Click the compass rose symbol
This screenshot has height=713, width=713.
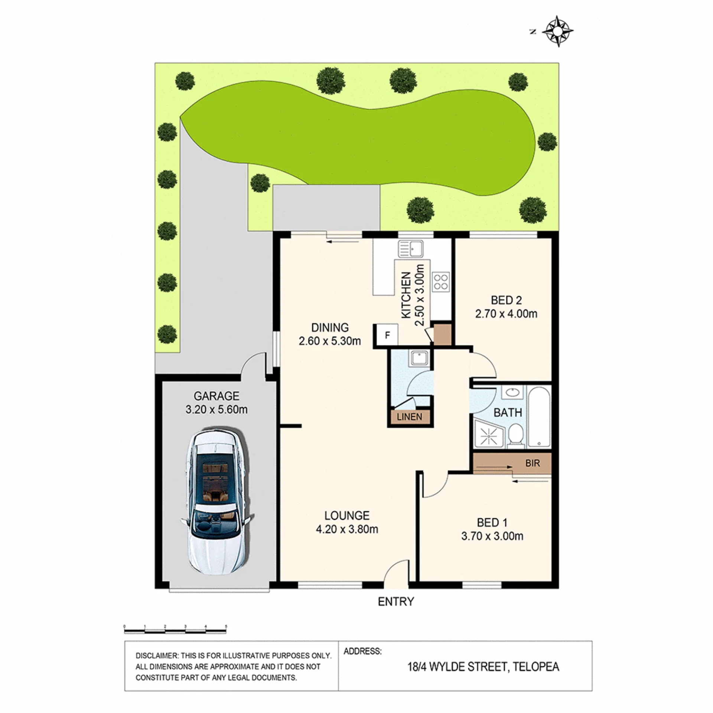point(558,31)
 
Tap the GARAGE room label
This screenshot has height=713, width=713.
point(216,396)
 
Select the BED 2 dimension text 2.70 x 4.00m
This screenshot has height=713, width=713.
point(506,314)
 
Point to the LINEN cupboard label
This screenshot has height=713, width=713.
point(409,417)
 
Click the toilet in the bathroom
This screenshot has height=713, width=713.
point(515,435)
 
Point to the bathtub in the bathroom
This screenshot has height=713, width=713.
point(539,417)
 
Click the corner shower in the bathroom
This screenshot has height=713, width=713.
point(489,433)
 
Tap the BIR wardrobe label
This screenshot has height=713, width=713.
point(533,463)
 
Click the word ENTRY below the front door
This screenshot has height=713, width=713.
point(396,602)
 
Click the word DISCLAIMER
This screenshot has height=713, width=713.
point(156,656)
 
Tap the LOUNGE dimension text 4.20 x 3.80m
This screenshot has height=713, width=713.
point(347,529)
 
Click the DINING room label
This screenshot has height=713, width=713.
point(330,328)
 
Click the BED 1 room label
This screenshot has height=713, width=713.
point(492,522)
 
